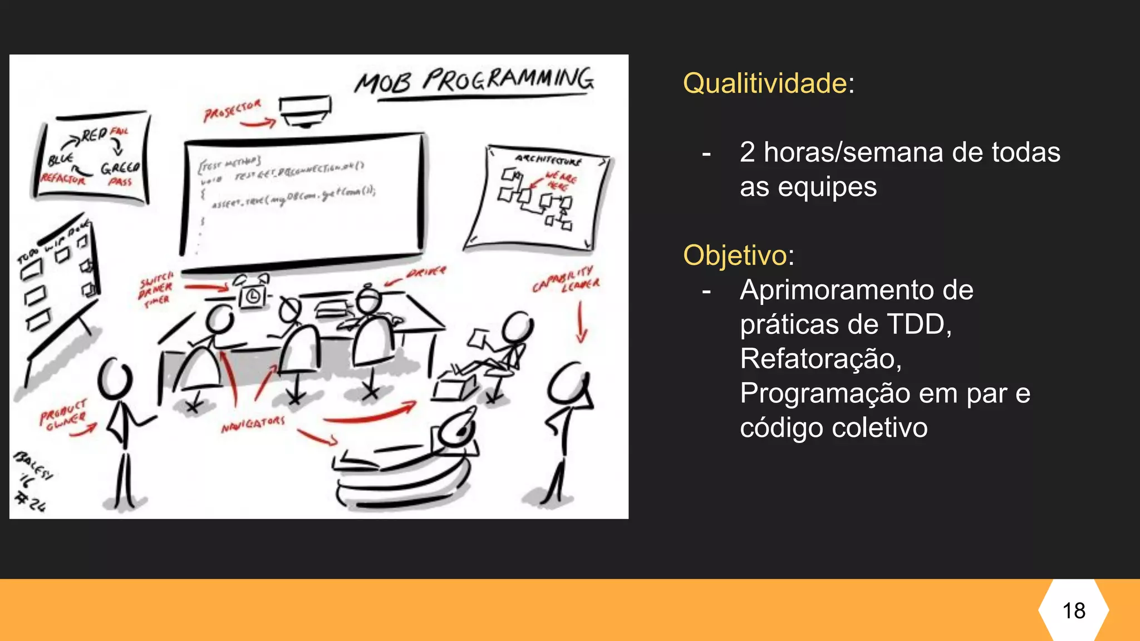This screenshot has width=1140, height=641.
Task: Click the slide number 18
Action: (1074, 610)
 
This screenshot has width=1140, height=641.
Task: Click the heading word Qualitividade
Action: (765, 83)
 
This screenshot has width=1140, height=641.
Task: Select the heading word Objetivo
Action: (735, 255)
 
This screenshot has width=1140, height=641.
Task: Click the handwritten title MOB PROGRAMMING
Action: (475, 81)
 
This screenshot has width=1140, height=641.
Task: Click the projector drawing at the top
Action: (305, 111)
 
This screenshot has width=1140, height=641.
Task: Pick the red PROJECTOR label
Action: (232, 111)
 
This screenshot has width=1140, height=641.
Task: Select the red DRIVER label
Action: (426, 272)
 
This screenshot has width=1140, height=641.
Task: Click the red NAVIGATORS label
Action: (253, 425)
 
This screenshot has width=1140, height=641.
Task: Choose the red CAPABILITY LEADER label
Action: (566, 280)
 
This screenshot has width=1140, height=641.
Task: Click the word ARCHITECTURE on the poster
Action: (548, 160)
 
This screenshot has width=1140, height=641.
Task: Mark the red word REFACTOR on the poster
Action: (63, 179)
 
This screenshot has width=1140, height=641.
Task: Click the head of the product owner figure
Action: (115, 379)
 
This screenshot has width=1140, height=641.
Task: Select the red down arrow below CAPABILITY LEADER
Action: (581, 323)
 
